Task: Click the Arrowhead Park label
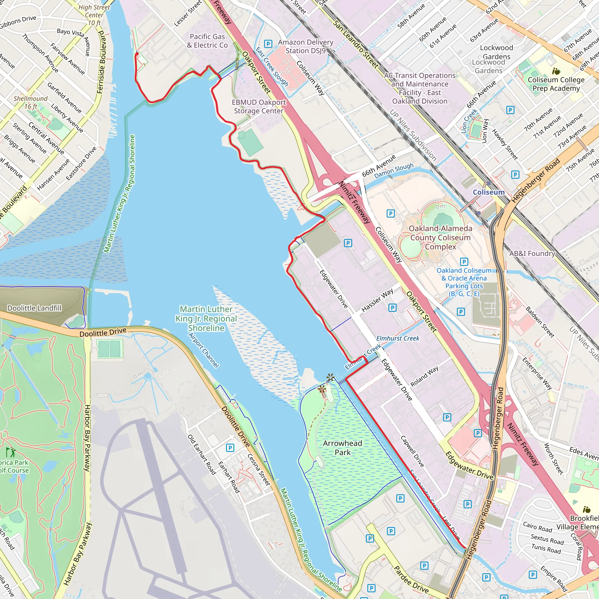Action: pos(342,448)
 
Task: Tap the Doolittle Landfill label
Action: pos(35,308)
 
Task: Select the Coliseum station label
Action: pos(488,192)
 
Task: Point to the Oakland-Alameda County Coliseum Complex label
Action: pos(440,237)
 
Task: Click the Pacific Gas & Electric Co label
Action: pos(207,41)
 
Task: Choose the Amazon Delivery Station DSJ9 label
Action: pos(305,47)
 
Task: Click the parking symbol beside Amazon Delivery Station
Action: pos(268,44)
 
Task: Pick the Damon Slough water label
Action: pos(394,171)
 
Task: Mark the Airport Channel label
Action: pos(204,350)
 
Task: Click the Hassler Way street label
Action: pos(377,300)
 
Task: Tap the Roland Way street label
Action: pos(424,376)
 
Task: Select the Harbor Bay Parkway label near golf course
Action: pos(87,438)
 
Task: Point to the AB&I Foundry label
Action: pos(532,254)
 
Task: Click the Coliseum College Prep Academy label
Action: pos(556,84)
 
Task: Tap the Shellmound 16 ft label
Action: pos(31,102)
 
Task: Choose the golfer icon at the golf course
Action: pos(11,452)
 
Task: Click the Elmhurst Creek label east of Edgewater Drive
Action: pos(397,338)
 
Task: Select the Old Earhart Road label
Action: pos(202,455)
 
